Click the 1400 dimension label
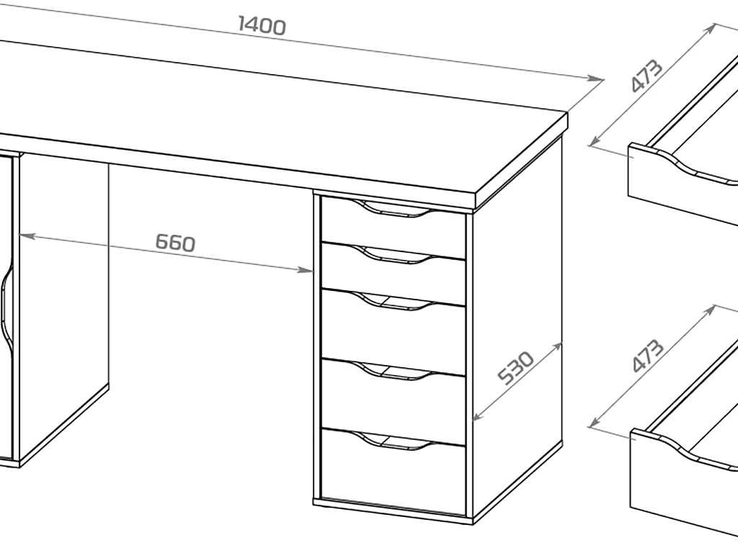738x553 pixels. point(262,25)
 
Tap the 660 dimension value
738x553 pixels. point(175,243)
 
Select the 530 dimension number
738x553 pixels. point(516,367)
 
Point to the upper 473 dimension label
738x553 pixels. point(646,75)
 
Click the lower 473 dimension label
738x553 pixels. point(648,356)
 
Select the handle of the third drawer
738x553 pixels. point(396,301)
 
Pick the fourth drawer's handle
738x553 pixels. point(396,371)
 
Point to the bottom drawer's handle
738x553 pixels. point(396,441)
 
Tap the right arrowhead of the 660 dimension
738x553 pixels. point(307,270)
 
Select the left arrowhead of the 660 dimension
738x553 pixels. point(26,235)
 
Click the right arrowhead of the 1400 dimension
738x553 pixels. point(596,78)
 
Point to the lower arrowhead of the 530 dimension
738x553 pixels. point(477,415)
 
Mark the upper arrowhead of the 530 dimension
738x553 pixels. point(557,348)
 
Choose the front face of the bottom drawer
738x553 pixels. point(393,472)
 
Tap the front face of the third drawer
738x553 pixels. point(393,332)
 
